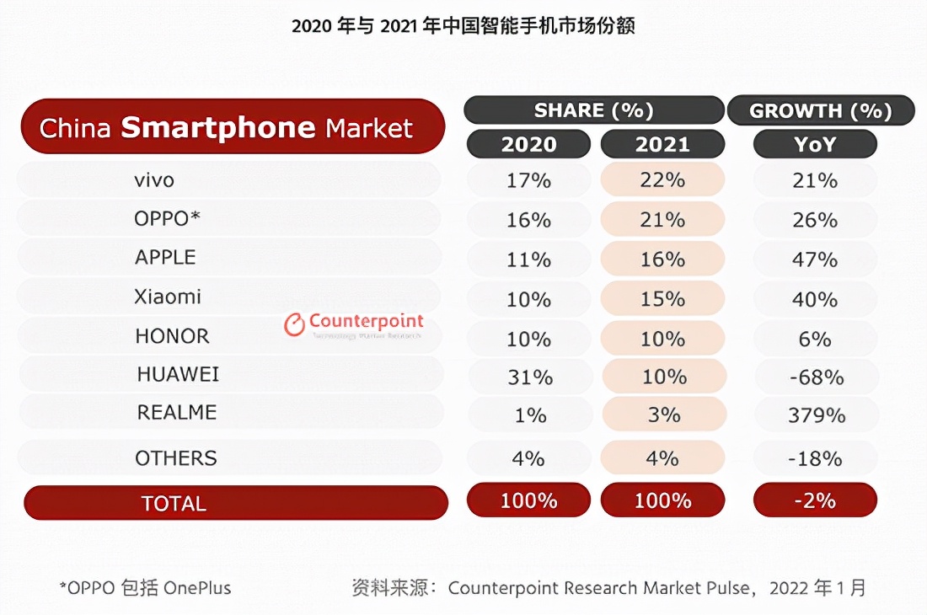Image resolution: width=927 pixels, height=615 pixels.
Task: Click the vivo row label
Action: (x=154, y=180)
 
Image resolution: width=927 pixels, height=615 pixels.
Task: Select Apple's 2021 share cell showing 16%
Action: (x=662, y=259)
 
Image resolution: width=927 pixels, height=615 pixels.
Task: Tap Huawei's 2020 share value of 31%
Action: (x=529, y=377)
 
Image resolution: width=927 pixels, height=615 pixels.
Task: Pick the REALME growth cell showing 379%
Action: (x=815, y=415)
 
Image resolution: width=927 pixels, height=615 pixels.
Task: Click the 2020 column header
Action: (x=528, y=144)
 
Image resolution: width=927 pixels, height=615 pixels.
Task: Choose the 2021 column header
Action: (x=662, y=144)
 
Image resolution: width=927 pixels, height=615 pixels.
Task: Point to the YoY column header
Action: (x=815, y=144)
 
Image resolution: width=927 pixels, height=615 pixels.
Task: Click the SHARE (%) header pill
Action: (x=593, y=110)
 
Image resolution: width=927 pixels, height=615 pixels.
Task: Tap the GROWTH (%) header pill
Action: (x=820, y=110)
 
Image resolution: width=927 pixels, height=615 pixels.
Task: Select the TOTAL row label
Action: (x=174, y=504)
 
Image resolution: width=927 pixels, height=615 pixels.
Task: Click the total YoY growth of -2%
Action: (x=815, y=500)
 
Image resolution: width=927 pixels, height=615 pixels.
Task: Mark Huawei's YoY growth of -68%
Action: (x=815, y=377)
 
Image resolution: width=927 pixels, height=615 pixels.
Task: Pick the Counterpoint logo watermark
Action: (x=354, y=324)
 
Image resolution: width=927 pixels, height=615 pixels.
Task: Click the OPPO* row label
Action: (x=167, y=219)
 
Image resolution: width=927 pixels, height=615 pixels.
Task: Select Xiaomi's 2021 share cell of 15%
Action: (x=662, y=299)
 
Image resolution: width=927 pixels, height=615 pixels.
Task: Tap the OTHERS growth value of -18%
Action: (x=815, y=458)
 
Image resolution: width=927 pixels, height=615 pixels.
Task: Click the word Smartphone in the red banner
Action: (x=217, y=128)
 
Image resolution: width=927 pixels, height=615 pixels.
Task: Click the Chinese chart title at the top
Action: (x=463, y=26)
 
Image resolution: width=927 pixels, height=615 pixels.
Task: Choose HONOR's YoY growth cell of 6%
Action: (x=815, y=339)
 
